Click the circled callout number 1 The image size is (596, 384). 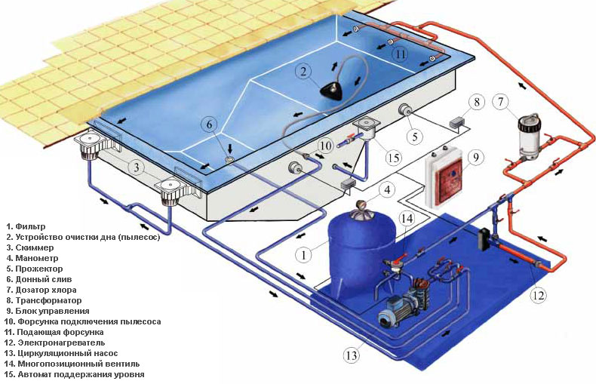(x=303, y=255)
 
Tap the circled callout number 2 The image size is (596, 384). (x=303, y=72)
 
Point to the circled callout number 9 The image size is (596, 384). (x=475, y=158)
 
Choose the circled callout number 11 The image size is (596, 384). (x=402, y=54)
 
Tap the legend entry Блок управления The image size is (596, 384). (x=52, y=311)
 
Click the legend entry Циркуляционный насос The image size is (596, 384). (x=59, y=353)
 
